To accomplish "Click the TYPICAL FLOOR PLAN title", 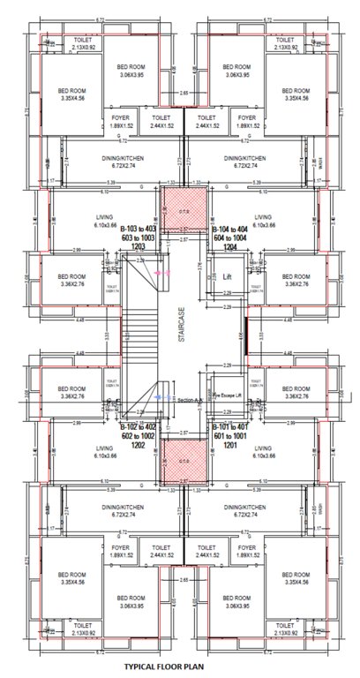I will coord(163,670).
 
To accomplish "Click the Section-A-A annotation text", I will coord(191,399).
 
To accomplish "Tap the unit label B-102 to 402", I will coord(139,426).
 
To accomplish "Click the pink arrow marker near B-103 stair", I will coord(162,275).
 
